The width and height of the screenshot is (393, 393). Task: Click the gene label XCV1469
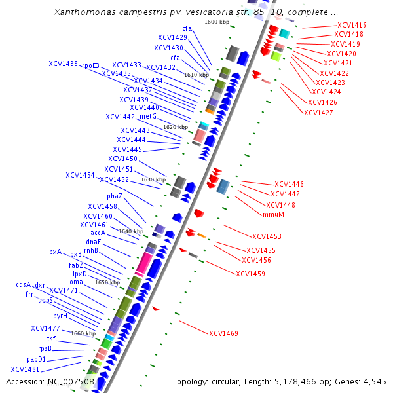click(223, 333)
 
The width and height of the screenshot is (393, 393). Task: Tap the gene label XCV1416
click(352, 25)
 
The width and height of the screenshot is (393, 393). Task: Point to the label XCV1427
click(318, 113)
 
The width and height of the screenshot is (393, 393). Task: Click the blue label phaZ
click(115, 196)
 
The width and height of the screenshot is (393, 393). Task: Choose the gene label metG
click(147, 116)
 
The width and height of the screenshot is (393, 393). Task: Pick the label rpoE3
click(90, 65)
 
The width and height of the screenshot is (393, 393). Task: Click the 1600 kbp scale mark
click(217, 22)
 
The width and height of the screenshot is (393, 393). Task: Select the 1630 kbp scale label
click(153, 179)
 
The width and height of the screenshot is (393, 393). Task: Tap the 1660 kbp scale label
click(83, 333)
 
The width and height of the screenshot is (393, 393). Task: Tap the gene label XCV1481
click(25, 369)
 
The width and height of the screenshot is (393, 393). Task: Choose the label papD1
click(36, 359)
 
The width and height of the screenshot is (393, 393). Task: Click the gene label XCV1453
click(267, 236)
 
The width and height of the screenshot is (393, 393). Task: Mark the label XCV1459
click(250, 273)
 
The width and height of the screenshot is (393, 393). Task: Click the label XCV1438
click(63, 64)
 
